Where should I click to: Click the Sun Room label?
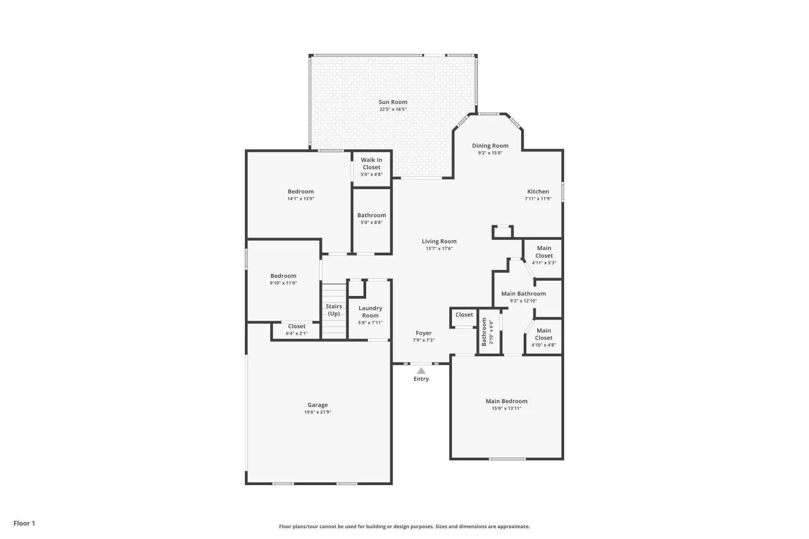point(393,102)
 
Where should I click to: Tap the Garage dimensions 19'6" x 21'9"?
point(318,412)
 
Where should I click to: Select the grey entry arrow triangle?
point(421,371)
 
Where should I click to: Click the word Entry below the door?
point(421,379)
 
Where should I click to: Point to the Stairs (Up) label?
point(334,310)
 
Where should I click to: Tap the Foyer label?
point(423,333)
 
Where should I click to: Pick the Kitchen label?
point(538,191)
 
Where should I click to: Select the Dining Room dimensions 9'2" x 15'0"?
point(490,153)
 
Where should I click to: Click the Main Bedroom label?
point(506,401)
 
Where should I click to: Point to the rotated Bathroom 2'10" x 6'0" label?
point(487,332)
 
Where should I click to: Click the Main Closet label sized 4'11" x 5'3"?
point(544,255)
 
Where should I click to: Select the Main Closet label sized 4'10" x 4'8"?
point(544,337)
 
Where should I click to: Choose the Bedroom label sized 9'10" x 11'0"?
point(283,279)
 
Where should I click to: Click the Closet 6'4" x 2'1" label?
point(297,330)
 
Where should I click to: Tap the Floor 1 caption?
point(24,523)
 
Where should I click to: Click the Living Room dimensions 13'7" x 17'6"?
point(439,248)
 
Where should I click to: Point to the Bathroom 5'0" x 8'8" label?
point(371,218)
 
